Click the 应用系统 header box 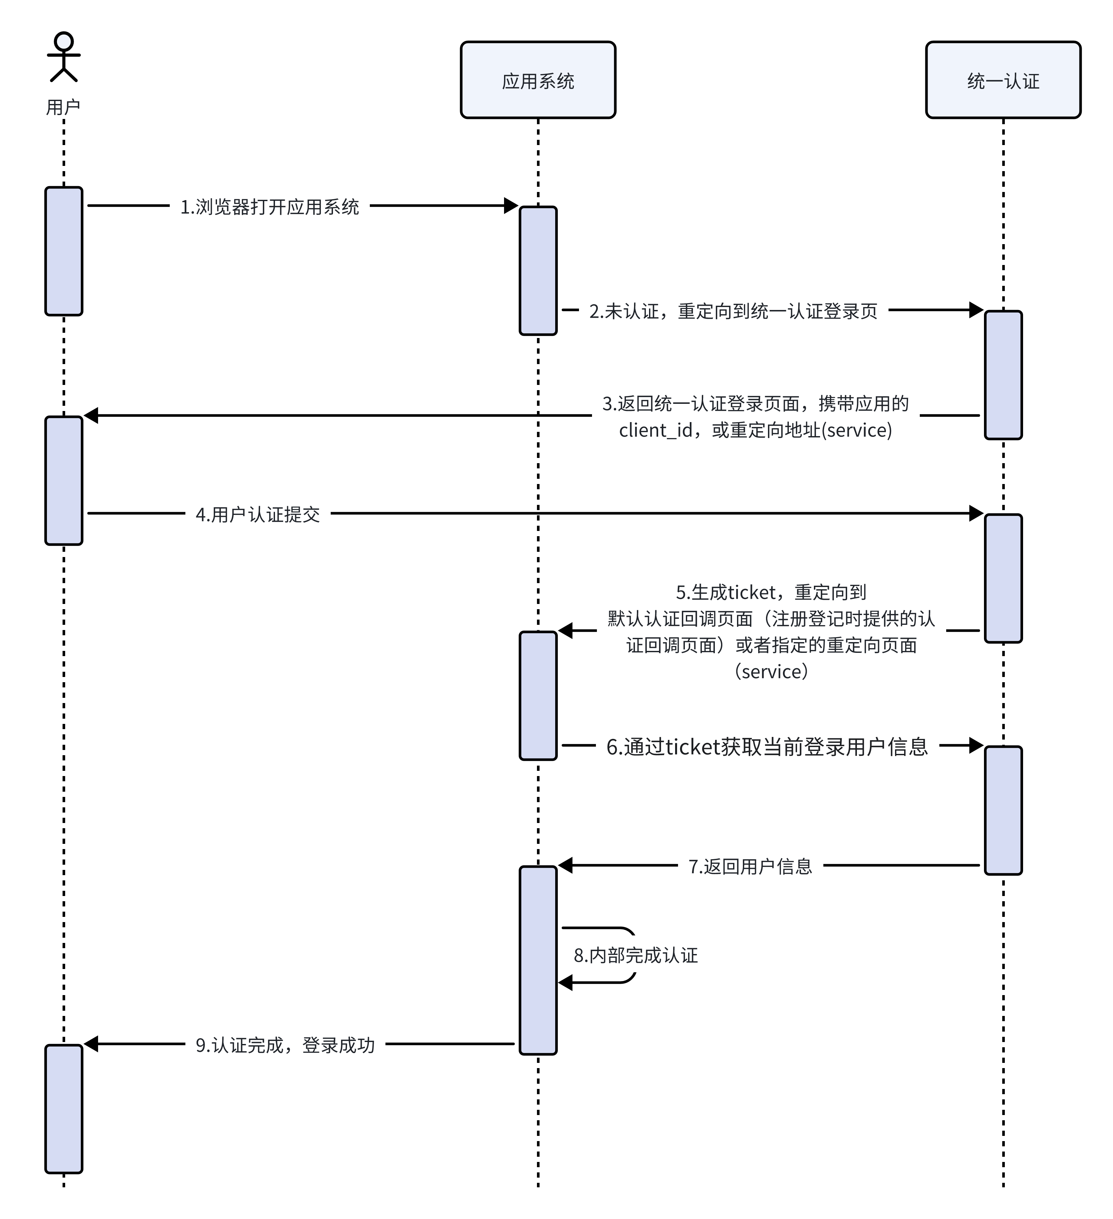tap(538, 80)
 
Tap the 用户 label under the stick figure tap(64, 107)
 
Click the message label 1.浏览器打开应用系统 tap(270, 207)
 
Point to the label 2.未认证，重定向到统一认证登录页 tap(733, 311)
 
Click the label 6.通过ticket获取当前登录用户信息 tap(767, 747)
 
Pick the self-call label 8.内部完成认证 tap(635, 955)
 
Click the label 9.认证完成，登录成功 tap(285, 1045)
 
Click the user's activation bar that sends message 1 tap(64, 251)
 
